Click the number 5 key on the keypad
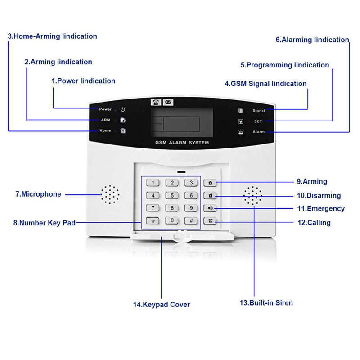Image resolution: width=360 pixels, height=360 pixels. pos(172,195)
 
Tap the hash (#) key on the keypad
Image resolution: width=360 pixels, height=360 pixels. pos(191,220)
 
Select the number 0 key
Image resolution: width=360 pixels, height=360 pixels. pos(172,220)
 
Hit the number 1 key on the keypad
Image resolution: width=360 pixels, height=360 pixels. pos(153,183)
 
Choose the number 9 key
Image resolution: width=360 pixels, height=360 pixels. pos(191,208)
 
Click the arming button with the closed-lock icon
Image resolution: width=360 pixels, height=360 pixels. pos(210,183)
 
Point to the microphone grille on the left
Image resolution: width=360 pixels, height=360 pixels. pos(110,194)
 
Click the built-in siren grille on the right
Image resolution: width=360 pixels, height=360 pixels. pos(253,196)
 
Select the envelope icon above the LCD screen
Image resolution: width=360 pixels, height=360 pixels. pos(168,102)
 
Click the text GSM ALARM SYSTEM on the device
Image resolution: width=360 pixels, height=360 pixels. pos(182,143)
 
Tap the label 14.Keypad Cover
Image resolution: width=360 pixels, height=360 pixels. pos(161,305)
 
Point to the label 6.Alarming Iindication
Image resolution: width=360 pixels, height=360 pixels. pos(312,40)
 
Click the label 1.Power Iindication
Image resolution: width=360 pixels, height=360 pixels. pos(83,81)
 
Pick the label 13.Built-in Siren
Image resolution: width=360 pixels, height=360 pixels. pos(266,303)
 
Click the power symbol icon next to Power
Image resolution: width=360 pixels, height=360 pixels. pos(123,109)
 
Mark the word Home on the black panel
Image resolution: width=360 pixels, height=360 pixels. pos(105,130)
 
